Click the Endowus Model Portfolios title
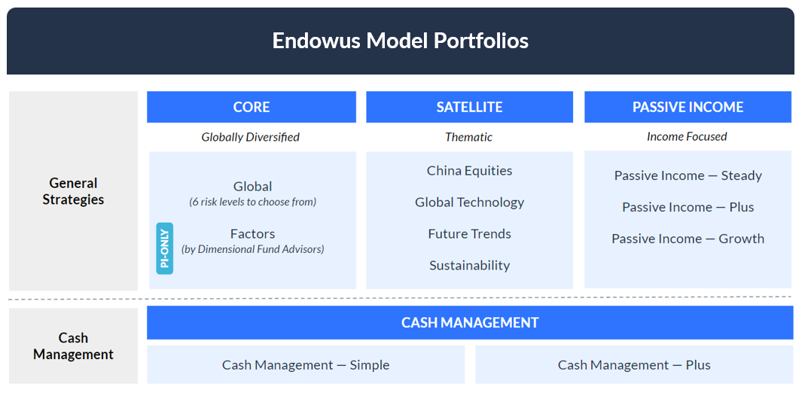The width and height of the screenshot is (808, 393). [401, 41]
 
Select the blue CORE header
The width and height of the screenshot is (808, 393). [252, 107]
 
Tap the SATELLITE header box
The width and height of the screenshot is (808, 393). [469, 107]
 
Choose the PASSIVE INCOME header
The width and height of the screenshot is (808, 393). [688, 107]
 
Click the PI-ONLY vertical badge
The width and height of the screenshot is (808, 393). [165, 248]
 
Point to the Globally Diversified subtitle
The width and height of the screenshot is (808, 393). [251, 137]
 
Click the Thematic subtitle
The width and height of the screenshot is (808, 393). [469, 137]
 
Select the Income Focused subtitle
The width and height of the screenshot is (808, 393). [687, 136]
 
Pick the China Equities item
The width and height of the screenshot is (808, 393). [469, 170]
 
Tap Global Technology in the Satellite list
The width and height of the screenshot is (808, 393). [469, 202]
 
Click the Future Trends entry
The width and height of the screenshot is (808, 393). [469, 234]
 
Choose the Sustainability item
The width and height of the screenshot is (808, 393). [469, 265]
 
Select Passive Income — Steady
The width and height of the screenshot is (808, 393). [688, 175]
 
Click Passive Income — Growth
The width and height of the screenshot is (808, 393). [688, 239]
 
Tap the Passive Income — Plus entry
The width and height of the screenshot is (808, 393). [688, 207]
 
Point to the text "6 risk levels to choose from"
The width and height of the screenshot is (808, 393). [252, 202]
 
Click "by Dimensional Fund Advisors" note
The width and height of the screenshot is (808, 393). [252, 249]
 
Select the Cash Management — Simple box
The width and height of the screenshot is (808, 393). [306, 364]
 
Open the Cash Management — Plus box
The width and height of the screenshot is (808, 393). [634, 364]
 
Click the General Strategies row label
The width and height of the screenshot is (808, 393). [73, 191]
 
